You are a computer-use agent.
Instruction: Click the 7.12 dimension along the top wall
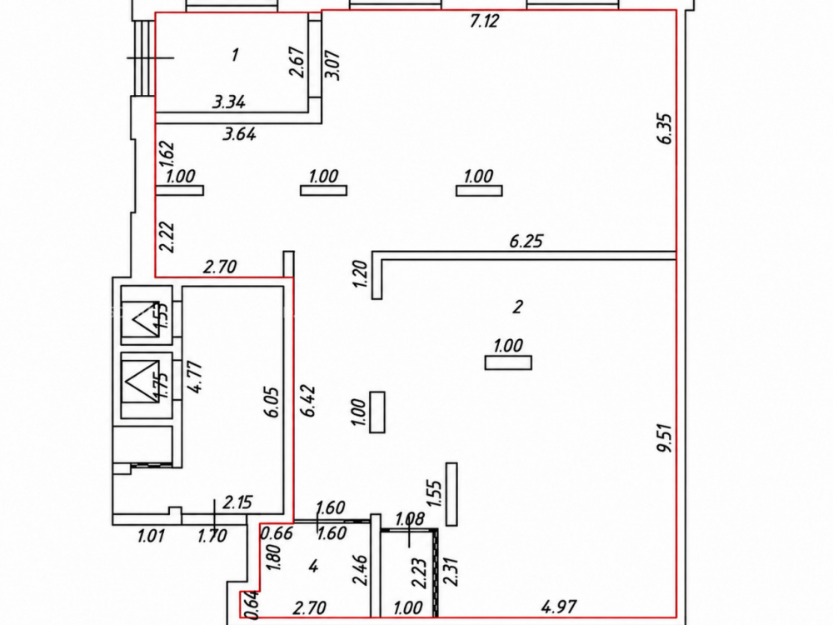click(x=485, y=21)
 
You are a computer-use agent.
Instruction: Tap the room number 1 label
click(x=234, y=54)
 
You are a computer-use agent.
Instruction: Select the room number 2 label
click(x=517, y=307)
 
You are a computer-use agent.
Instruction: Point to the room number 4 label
click(x=313, y=566)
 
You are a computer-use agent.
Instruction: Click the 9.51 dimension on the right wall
click(x=665, y=437)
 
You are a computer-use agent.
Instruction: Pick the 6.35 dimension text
click(x=665, y=128)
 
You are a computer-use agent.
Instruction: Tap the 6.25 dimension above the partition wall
click(x=526, y=242)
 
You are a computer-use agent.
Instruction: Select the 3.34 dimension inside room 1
click(x=228, y=102)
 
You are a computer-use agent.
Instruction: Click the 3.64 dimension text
click(x=239, y=133)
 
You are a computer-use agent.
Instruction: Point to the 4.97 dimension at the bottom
click(x=559, y=607)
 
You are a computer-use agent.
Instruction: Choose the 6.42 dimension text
click(x=308, y=400)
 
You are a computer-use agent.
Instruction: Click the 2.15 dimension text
click(x=237, y=502)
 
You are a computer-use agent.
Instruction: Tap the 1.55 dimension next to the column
click(x=434, y=495)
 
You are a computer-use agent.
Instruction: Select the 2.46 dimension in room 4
click(x=362, y=570)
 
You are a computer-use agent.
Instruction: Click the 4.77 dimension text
click(x=195, y=377)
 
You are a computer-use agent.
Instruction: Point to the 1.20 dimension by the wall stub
click(x=360, y=273)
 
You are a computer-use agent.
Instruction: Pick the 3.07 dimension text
click(x=335, y=65)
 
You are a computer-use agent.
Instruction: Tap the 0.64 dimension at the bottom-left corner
click(x=253, y=605)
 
